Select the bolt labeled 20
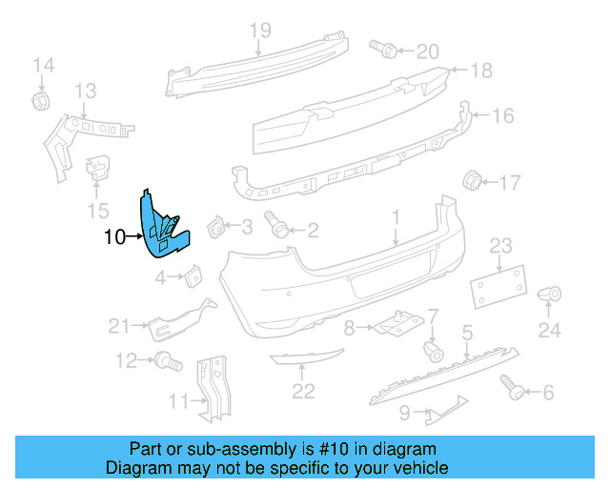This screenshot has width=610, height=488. [x=376, y=47]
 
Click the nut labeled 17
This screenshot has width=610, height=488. [x=471, y=180]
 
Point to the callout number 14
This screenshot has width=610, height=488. [x=44, y=65]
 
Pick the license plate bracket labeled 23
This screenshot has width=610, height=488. [x=498, y=282]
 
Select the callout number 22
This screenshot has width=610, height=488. [x=303, y=390]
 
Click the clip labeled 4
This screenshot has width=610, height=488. [x=193, y=275]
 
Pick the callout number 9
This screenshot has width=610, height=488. [x=405, y=414]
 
